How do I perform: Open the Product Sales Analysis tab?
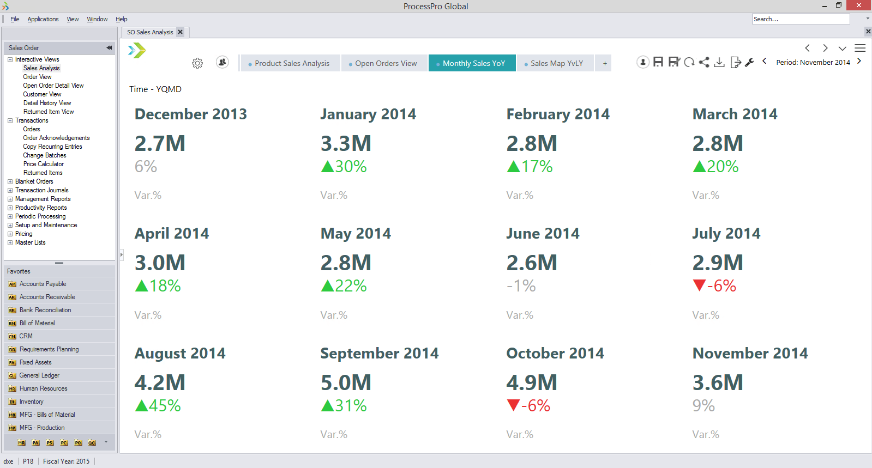(x=292, y=63)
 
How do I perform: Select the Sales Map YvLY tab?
(x=556, y=63)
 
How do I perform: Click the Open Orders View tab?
(x=386, y=63)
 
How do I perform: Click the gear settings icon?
(x=197, y=63)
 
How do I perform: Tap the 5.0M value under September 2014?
(x=346, y=382)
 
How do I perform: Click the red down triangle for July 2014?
(x=699, y=285)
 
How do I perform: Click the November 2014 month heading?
(x=750, y=353)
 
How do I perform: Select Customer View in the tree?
(x=42, y=94)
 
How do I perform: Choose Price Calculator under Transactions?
(x=44, y=164)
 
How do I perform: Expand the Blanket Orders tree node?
(x=10, y=181)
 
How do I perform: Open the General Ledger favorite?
(x=39, y=375)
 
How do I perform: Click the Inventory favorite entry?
(x=31, y=402)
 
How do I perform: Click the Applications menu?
(x=43, y=19)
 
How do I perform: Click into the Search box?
(x=800, y=19)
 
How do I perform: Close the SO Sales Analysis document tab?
(x=181, y=32)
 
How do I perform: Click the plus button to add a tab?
(x=604, y=63)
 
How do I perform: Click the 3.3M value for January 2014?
(x=346, y=143)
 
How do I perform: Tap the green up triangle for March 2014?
(x=699, y=166)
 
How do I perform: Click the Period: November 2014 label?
(x=813, y=62)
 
